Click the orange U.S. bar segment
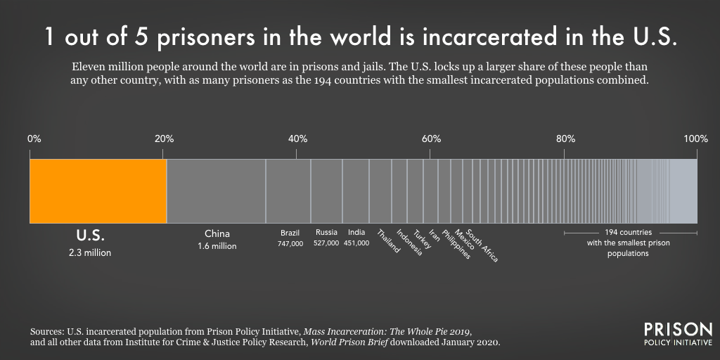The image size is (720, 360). click(x=98, y=191)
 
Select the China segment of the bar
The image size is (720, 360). click(x=216, y=191)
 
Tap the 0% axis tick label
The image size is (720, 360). click(x=34, y=139)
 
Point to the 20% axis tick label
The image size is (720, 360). click(x=164, y=139)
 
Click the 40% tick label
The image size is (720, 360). click(x=297, y=139)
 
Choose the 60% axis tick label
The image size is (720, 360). click(x=431, y=139)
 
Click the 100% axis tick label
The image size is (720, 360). click(x=695, y=139)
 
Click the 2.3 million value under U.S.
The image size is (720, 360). click(x=89, y=252)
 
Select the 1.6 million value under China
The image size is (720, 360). click(x=217, y=247)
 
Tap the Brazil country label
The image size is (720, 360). click(x=290, y=233)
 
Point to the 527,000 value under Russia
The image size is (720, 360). click(x=326, y=243)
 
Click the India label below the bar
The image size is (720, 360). click(x=356, y=233)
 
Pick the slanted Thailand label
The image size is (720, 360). click(x=388, y=241)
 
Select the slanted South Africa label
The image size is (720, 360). click(x=482, y=246)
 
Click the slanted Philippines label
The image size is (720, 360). click(x=456, y=245)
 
